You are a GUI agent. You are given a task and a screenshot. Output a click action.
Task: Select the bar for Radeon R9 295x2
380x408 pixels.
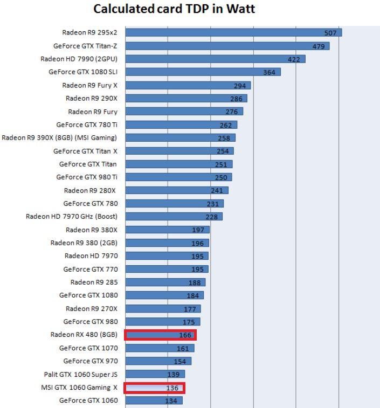(232, 33)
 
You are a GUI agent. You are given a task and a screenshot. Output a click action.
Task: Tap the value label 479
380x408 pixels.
(319, 46)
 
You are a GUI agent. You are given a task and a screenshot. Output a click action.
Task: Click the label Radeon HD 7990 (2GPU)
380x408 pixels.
(79, 59)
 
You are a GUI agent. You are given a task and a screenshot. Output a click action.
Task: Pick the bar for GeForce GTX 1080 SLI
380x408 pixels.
(202, 72)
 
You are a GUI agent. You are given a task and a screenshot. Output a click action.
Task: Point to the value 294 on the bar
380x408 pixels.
(240, 86)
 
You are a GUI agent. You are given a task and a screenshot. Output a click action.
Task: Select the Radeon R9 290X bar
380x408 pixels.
(186, 99)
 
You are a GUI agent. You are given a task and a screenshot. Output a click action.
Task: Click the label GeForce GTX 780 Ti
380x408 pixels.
(86, 125)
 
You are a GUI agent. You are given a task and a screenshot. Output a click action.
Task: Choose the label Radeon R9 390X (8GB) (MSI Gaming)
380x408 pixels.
(59, 138)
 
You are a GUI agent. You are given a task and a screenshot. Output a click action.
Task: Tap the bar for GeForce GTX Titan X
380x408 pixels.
(178, 151)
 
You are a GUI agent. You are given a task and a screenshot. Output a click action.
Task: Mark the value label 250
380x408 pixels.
(221, 177)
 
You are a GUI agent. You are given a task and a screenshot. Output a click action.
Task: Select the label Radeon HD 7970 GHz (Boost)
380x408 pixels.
(71, 217)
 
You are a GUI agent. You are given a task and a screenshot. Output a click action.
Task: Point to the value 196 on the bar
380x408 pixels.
(197, 243)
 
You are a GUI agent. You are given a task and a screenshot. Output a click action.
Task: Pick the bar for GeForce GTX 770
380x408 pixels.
(166, 269)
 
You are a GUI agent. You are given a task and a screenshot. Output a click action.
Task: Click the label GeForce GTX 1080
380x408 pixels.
(88, 295)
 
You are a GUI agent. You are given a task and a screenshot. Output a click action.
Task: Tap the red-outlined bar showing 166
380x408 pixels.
(160, 335)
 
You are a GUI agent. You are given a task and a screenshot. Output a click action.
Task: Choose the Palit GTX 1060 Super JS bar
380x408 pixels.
(155, 374)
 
